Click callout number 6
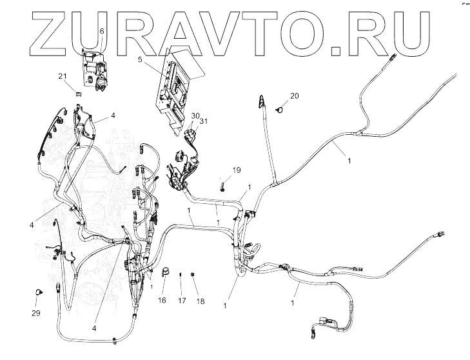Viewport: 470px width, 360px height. pyautogui.click(x=101, y=31)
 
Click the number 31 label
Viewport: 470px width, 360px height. pyautogui.click(x=204, y=121)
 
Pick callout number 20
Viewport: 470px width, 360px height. pyautogui.click(x=294, y=96)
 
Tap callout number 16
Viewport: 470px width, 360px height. pyautogui.click(x=162, y=300)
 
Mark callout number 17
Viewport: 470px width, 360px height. pyautogui.click(x=182, y=300)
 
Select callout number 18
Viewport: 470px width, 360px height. pyautogui.click(x=201, y=301)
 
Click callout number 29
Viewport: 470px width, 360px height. pyautogui.click(x=36, y=313)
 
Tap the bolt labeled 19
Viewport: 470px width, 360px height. pyautogui.click(x=222, y=186)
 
